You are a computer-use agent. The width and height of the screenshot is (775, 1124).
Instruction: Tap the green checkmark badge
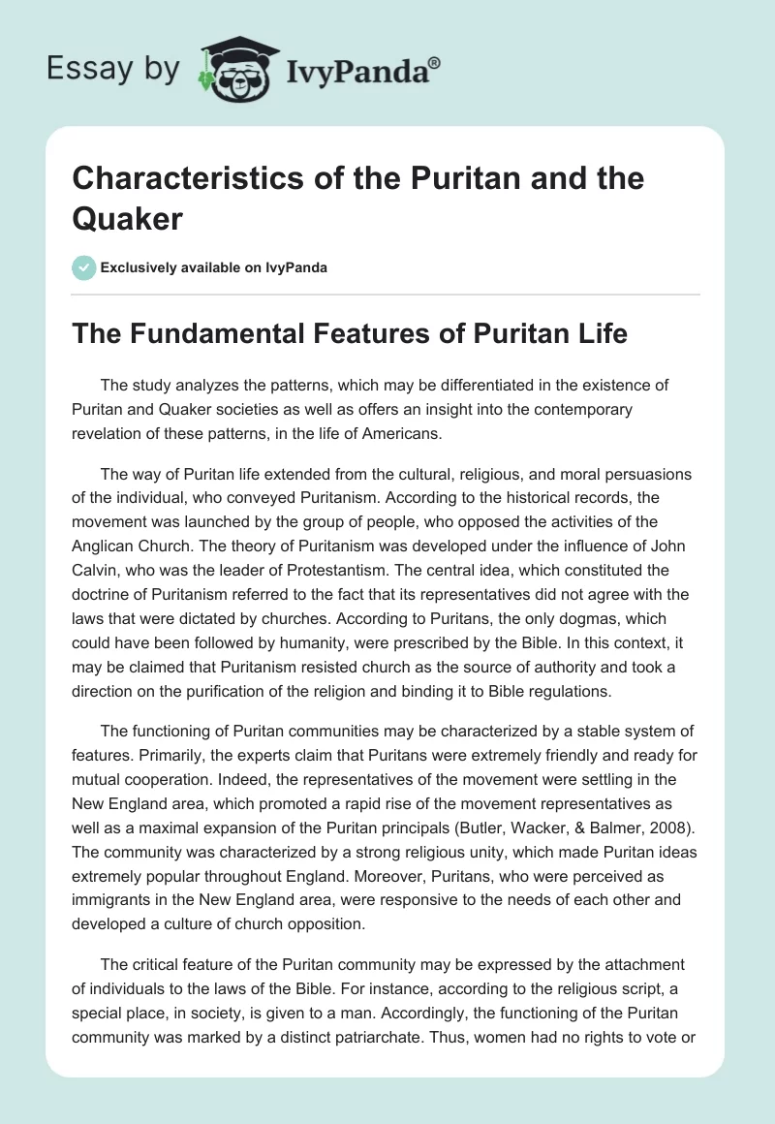pyautogui.click(x=84, y=267)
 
